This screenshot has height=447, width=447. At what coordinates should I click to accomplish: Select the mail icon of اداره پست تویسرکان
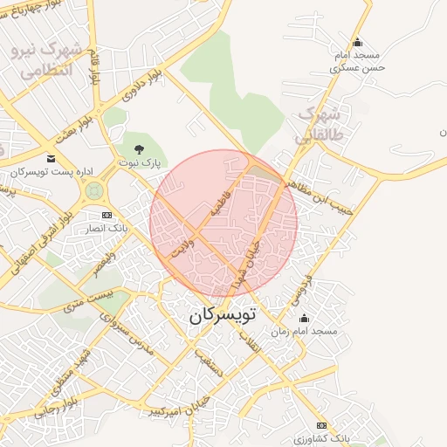click(x=51, y=158)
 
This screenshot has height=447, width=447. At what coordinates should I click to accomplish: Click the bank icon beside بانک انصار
click(x=107, y=215)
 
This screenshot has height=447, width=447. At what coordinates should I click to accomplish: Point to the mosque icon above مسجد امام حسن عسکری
click(x=356, y=43)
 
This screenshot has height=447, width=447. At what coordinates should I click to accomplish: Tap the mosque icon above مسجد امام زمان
click(x=304, y=319)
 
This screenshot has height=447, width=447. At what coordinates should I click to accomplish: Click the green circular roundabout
click(x=94, y=190)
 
